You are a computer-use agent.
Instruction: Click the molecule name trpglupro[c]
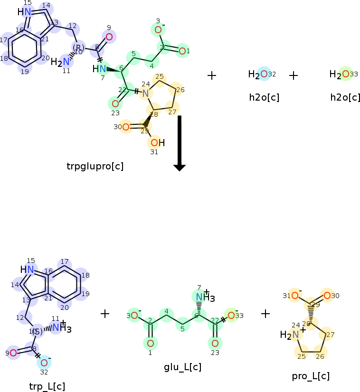pyautogui.click(x=95, y=166)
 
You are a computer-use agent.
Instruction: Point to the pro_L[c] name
pyautogui.click(x=311, y=376)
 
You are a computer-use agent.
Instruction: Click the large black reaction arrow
pyautogui.click(x=179, y=142)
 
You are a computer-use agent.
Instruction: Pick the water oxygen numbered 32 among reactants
pyautogui.click(x=264, y=74)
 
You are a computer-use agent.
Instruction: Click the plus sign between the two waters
pyautogui.click(x=294, y=75)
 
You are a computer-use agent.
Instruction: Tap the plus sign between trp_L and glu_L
pyautogui.click(x=105, y=313)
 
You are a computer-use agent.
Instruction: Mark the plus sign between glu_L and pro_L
pyautogui.click(x=265, y=313)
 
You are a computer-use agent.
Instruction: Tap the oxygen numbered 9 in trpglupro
pyautogui.click(x=109, y=37)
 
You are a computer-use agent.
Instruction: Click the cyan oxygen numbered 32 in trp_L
pyautogui.click(x=44, y=363)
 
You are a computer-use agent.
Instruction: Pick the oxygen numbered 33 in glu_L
pyautogui.click(x=231, y=315)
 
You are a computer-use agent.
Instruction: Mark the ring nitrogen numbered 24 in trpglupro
pyautogui.click(x=146, y=93)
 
